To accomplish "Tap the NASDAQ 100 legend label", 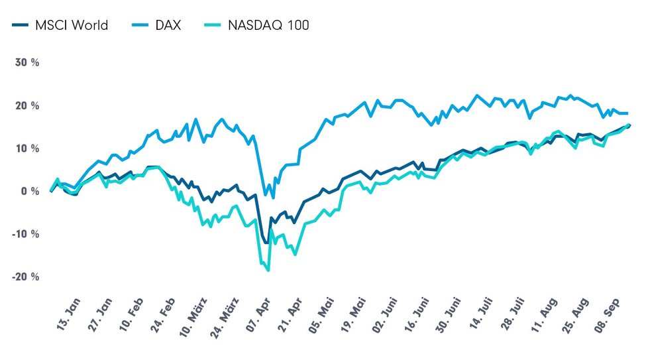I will click(x=268, y=26).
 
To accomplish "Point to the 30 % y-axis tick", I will click(x=27, y=63).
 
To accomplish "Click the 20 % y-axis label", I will click(x=27, y=106).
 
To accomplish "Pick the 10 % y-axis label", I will click(x=27, y=149).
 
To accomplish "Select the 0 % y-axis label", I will click(x=30, y=192).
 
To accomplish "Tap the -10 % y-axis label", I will click(x=26, y=234).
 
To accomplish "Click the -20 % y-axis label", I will click(x=26, y=276).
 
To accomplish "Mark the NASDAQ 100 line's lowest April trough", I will click(x=268, y=270).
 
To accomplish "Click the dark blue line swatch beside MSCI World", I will click(x=20, y=26).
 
